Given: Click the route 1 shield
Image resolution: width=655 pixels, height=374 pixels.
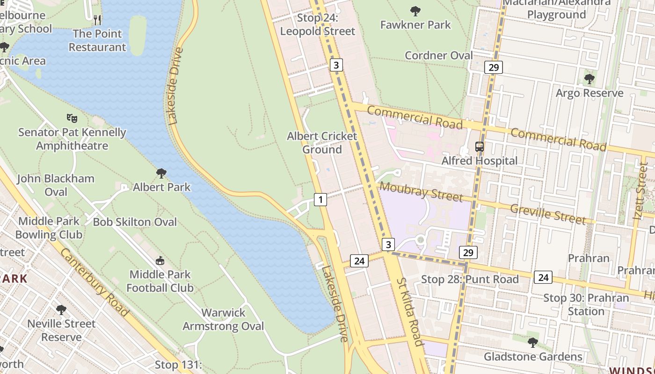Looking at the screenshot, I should (x=320, y=200).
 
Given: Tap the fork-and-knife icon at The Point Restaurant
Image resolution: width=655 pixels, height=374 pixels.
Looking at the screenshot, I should (x=97, y=20).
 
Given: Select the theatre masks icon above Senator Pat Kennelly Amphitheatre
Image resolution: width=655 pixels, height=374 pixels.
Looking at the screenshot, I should (x=72, y=118).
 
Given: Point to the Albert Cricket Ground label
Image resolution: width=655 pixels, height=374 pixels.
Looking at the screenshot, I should (x=322, y=143).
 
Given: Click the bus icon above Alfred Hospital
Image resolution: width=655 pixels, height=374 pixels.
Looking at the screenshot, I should (x=480, y=146).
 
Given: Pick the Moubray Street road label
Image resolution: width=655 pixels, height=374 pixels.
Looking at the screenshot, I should (x=421, y=192).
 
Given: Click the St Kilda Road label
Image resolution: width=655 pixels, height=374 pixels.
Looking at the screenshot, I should (x=410, y=312).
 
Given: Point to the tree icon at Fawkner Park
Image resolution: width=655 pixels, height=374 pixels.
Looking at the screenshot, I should (x=415, y=11).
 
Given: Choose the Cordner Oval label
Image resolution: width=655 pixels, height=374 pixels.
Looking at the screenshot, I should (x=439, y=56).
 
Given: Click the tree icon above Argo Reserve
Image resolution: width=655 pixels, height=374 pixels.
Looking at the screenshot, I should (x=589, y=79).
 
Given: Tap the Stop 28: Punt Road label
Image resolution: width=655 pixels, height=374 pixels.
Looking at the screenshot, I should (x=470, y=279).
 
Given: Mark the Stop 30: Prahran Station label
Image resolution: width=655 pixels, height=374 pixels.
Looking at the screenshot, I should (x=586, y=304).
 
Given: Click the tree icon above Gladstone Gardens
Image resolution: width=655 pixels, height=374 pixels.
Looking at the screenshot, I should (x=532, y=343).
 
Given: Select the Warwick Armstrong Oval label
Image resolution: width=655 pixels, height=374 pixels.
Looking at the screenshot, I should (x=223, y=319).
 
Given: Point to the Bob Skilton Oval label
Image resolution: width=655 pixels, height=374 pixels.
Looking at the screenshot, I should (x=135, y=222).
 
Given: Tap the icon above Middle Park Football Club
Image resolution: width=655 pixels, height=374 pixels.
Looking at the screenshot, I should (x=160, y=260).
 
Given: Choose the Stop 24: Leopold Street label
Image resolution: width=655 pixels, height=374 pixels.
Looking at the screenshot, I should (x=318, y=25).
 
